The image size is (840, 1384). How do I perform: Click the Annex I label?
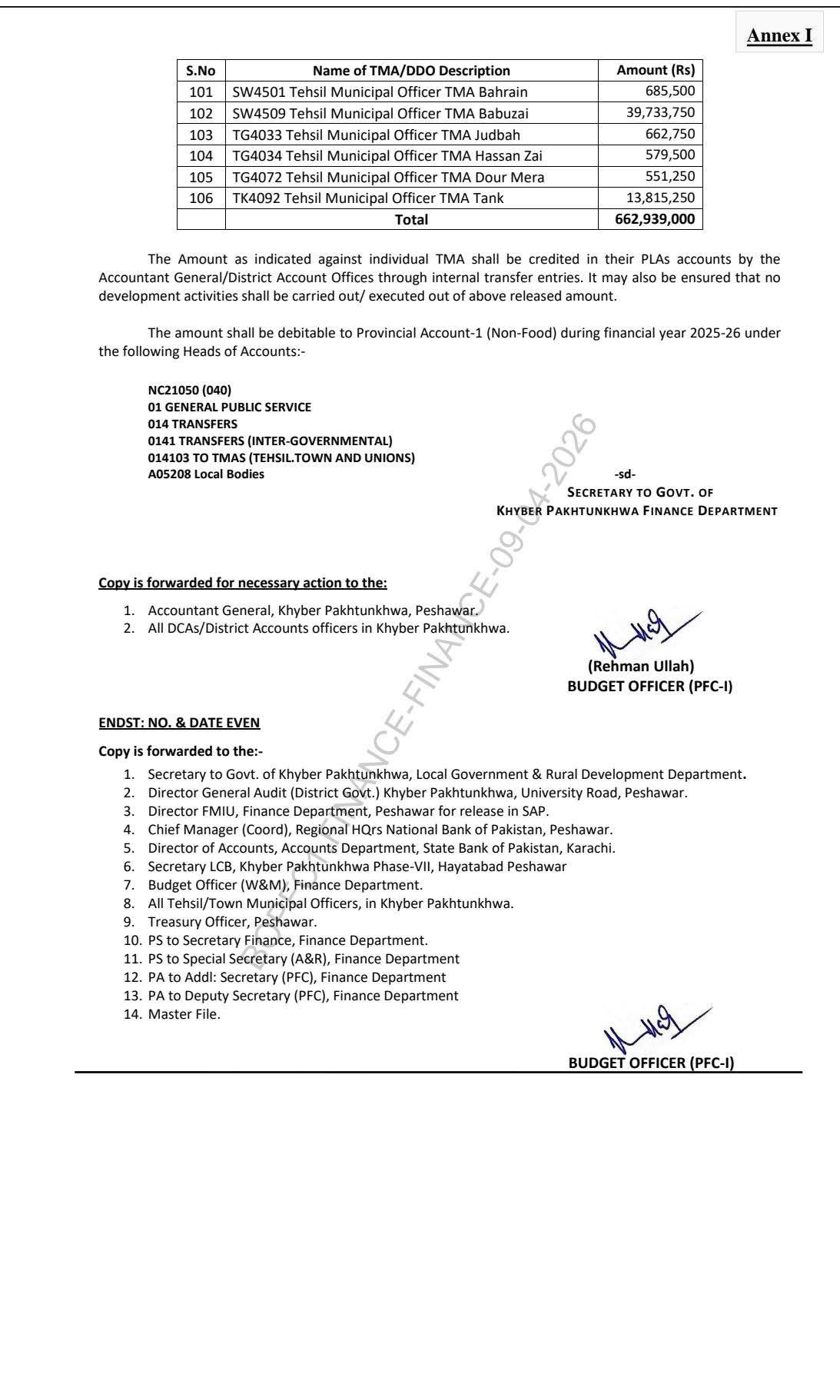pyautogui.click(x=779, y=35)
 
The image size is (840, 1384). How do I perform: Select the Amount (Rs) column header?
pyautogui.click(x=655, y=71)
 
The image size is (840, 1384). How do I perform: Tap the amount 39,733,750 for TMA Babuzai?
pyautogui.click(x=660, y=113)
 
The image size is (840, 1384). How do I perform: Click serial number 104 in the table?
pyautogui.click(x=201, y=156)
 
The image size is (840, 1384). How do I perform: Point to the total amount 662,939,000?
pyautogui.click(x=655, y=220)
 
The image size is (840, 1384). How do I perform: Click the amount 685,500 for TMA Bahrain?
pyautogui.click(x=669, y=91)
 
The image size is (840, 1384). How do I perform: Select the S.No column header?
pyautogui.click(x=201, y=71)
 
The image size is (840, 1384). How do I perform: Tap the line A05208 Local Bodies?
pyautogui.click(x=206, y=474)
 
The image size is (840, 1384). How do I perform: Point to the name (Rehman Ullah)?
pyautogui.click(x=640, y=667)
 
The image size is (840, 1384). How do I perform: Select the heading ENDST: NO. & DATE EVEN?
pyautogui.click(x=179, y=723)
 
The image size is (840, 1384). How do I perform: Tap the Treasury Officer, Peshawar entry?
pyautogui.click(x=232, y=922)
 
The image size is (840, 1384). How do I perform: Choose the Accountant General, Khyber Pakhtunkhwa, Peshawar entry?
pyautogui.click(x=313, y=610)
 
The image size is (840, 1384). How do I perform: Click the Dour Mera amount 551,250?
pyautogui.click(x=669, y=177)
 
